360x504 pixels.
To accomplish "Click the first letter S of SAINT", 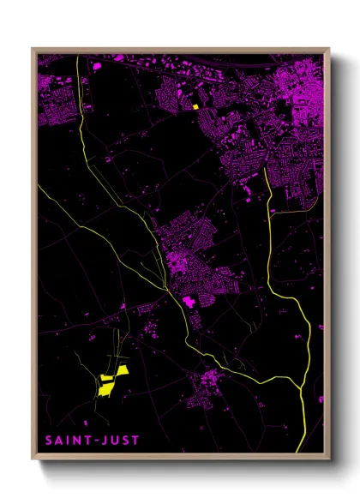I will [x=48, y=441].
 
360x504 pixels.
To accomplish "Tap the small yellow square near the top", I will [x=195, y=107].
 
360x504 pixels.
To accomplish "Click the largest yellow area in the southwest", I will [x=105, y=387].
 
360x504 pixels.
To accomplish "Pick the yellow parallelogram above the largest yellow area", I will [x=121, y=369].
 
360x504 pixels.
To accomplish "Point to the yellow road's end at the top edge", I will [x=77, y=57].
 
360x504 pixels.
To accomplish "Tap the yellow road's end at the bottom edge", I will [x=297, y=452].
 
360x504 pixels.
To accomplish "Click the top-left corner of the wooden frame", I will [x=33, y=49].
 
